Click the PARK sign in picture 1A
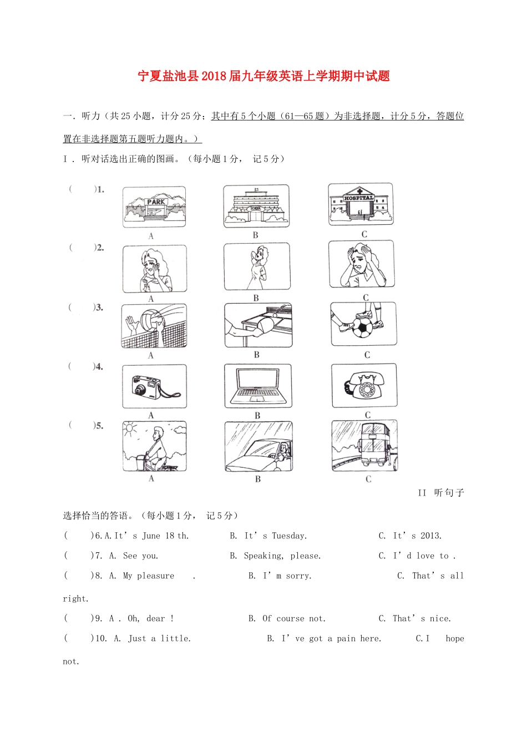tap(156, 202)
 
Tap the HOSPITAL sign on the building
tap(359, 198)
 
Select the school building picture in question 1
tap(256, 206)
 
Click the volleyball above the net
tap(151, 321)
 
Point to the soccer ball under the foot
tap(363, 327)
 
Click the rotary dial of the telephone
tap(367, 390)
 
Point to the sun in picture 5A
tap(130, 429)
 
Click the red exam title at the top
tap(263, 76)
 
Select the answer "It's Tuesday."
tap(275, 536)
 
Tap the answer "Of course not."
tap(293, 618)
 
